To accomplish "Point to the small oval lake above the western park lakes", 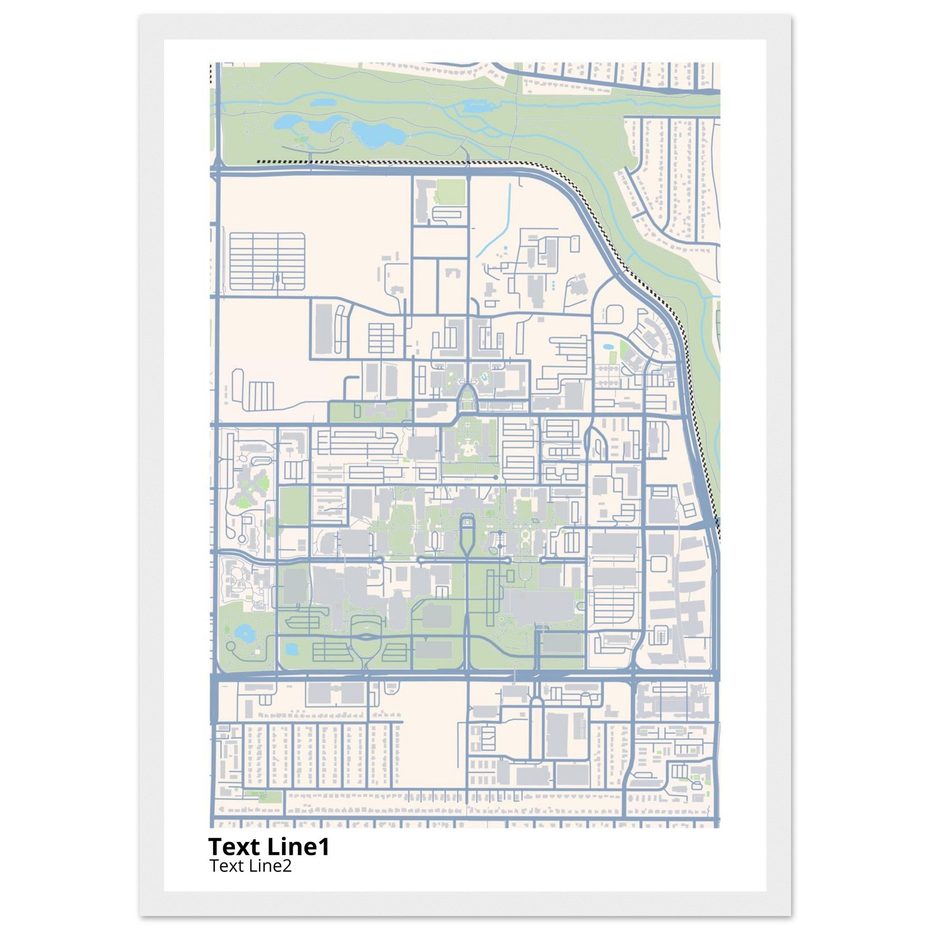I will pos(321,103).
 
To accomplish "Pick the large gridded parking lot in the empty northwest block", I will pos(267,261).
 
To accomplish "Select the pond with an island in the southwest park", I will pos(244,632).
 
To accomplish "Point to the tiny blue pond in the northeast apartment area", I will pos(607,346).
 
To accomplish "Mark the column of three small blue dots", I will pos(553,285).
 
